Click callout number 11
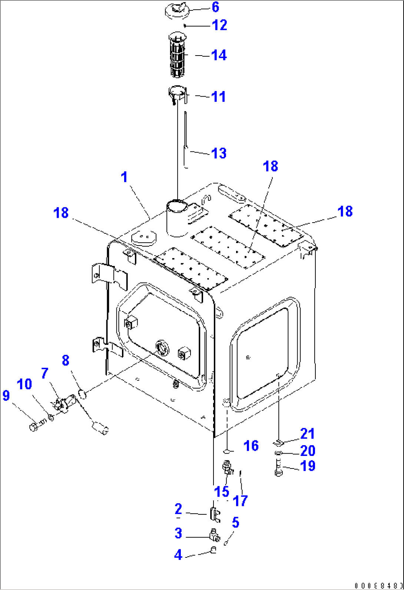pyautogui.click(x=218, y=97)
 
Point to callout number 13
pyautogui.click(x=218, y=153)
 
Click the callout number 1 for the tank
pyautogui.click(x=125, y=177)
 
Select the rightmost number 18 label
pyautogui.click(x=345, y=211)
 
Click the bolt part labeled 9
pyautogui.click(x=34, y=427)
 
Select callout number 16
pyautogui.click(x=251, y=445)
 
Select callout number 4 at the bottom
pyautogui.click(x=178, y=555)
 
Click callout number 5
pyautogui.click(x=235, y=523)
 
